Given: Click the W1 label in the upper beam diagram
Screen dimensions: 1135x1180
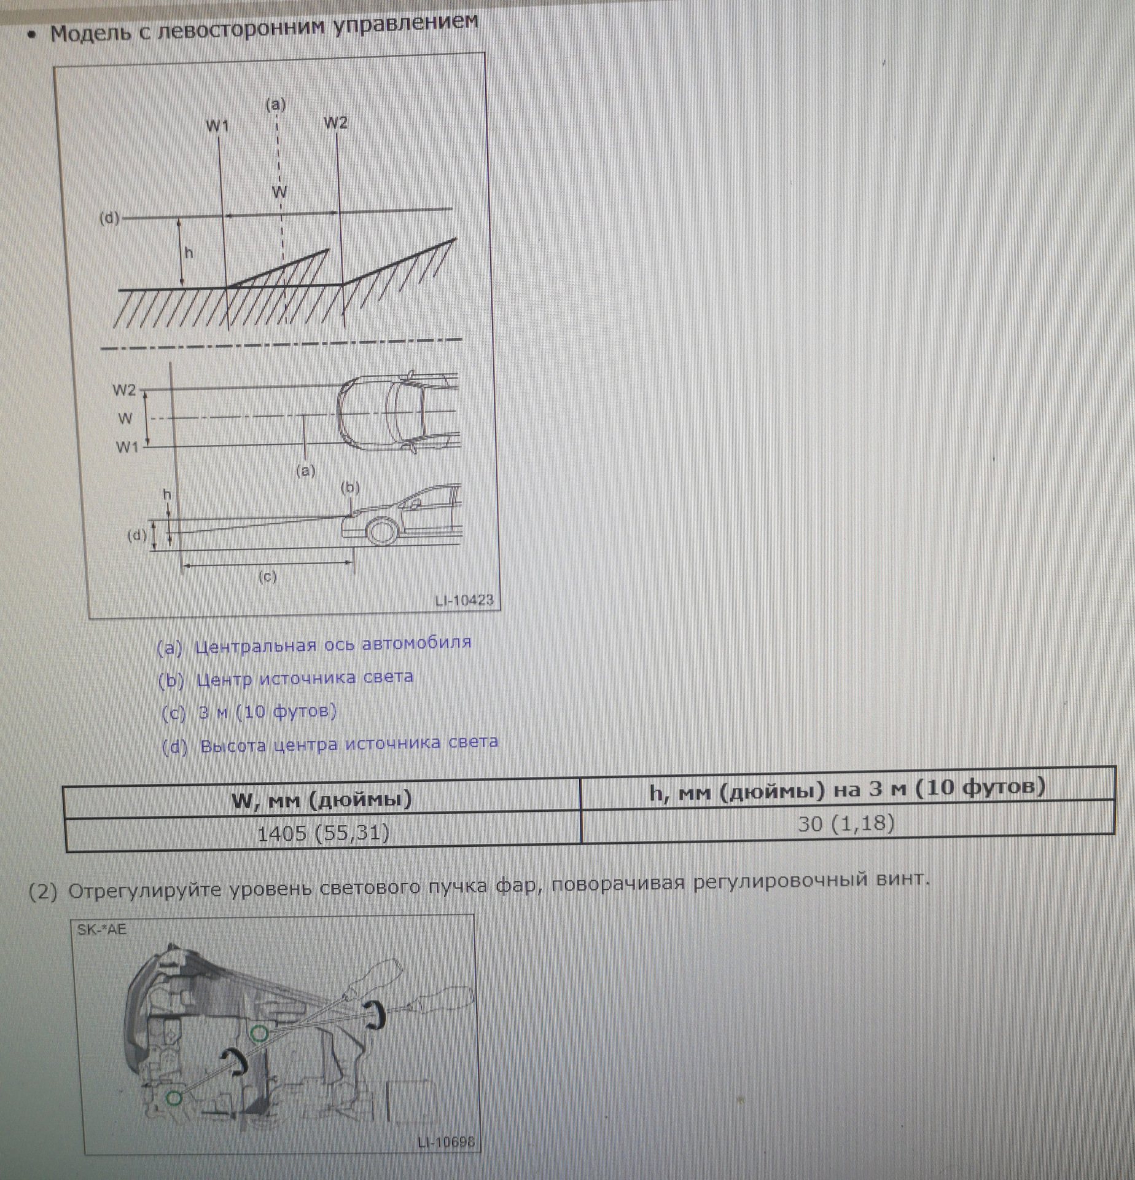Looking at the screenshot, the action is tap(217, 126).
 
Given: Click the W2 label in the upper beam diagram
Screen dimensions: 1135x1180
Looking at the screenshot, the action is tap(335, 123).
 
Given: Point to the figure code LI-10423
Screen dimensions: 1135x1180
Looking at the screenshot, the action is tap(464, 600).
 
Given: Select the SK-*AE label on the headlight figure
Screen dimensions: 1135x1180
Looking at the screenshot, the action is tap(101, 929).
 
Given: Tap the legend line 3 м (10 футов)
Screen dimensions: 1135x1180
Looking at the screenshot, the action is tap(249, 712).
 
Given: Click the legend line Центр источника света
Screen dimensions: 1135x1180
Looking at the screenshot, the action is tap(286, 678).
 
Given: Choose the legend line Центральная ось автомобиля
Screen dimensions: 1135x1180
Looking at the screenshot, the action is tap(314, 644).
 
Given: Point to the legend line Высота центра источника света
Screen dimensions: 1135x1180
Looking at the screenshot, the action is tap(330, 745).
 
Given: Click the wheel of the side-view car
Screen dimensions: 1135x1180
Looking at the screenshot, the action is tap(381, 531).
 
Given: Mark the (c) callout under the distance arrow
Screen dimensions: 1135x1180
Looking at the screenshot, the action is tap(267, 576).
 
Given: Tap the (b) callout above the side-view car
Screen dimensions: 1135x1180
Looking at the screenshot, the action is tap(350, 487).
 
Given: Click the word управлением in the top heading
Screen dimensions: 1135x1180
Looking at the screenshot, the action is tap(406, 25).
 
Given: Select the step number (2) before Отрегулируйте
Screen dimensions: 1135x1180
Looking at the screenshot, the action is tap(43, 892).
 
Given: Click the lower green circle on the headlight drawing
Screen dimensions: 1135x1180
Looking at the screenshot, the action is tap(174, 1096).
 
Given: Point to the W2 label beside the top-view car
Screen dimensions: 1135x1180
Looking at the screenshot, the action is tap(125, 390).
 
